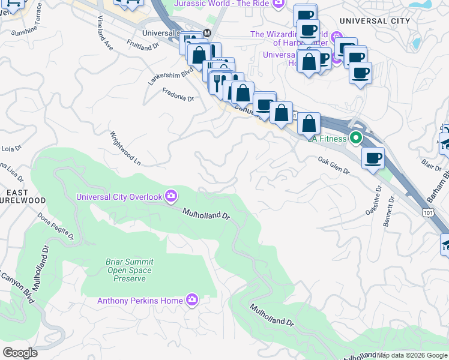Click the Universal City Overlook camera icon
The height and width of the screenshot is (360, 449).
tap(171, 196)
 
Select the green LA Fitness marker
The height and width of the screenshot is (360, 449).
tap(355, 139)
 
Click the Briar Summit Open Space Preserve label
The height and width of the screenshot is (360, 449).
tap(122, 270)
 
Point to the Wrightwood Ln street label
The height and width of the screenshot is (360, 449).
tap(124, 149)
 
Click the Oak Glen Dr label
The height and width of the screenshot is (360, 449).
tap(334, 166)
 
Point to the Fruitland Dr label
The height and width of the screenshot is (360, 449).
tap(143, 44)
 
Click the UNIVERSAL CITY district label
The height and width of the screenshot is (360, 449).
tap(375, 21)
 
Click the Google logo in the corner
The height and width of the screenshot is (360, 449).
tap(20, 353)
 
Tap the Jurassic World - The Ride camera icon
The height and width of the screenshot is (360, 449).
tap(277, 4)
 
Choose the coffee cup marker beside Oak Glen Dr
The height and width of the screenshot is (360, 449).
tap(372, 158)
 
